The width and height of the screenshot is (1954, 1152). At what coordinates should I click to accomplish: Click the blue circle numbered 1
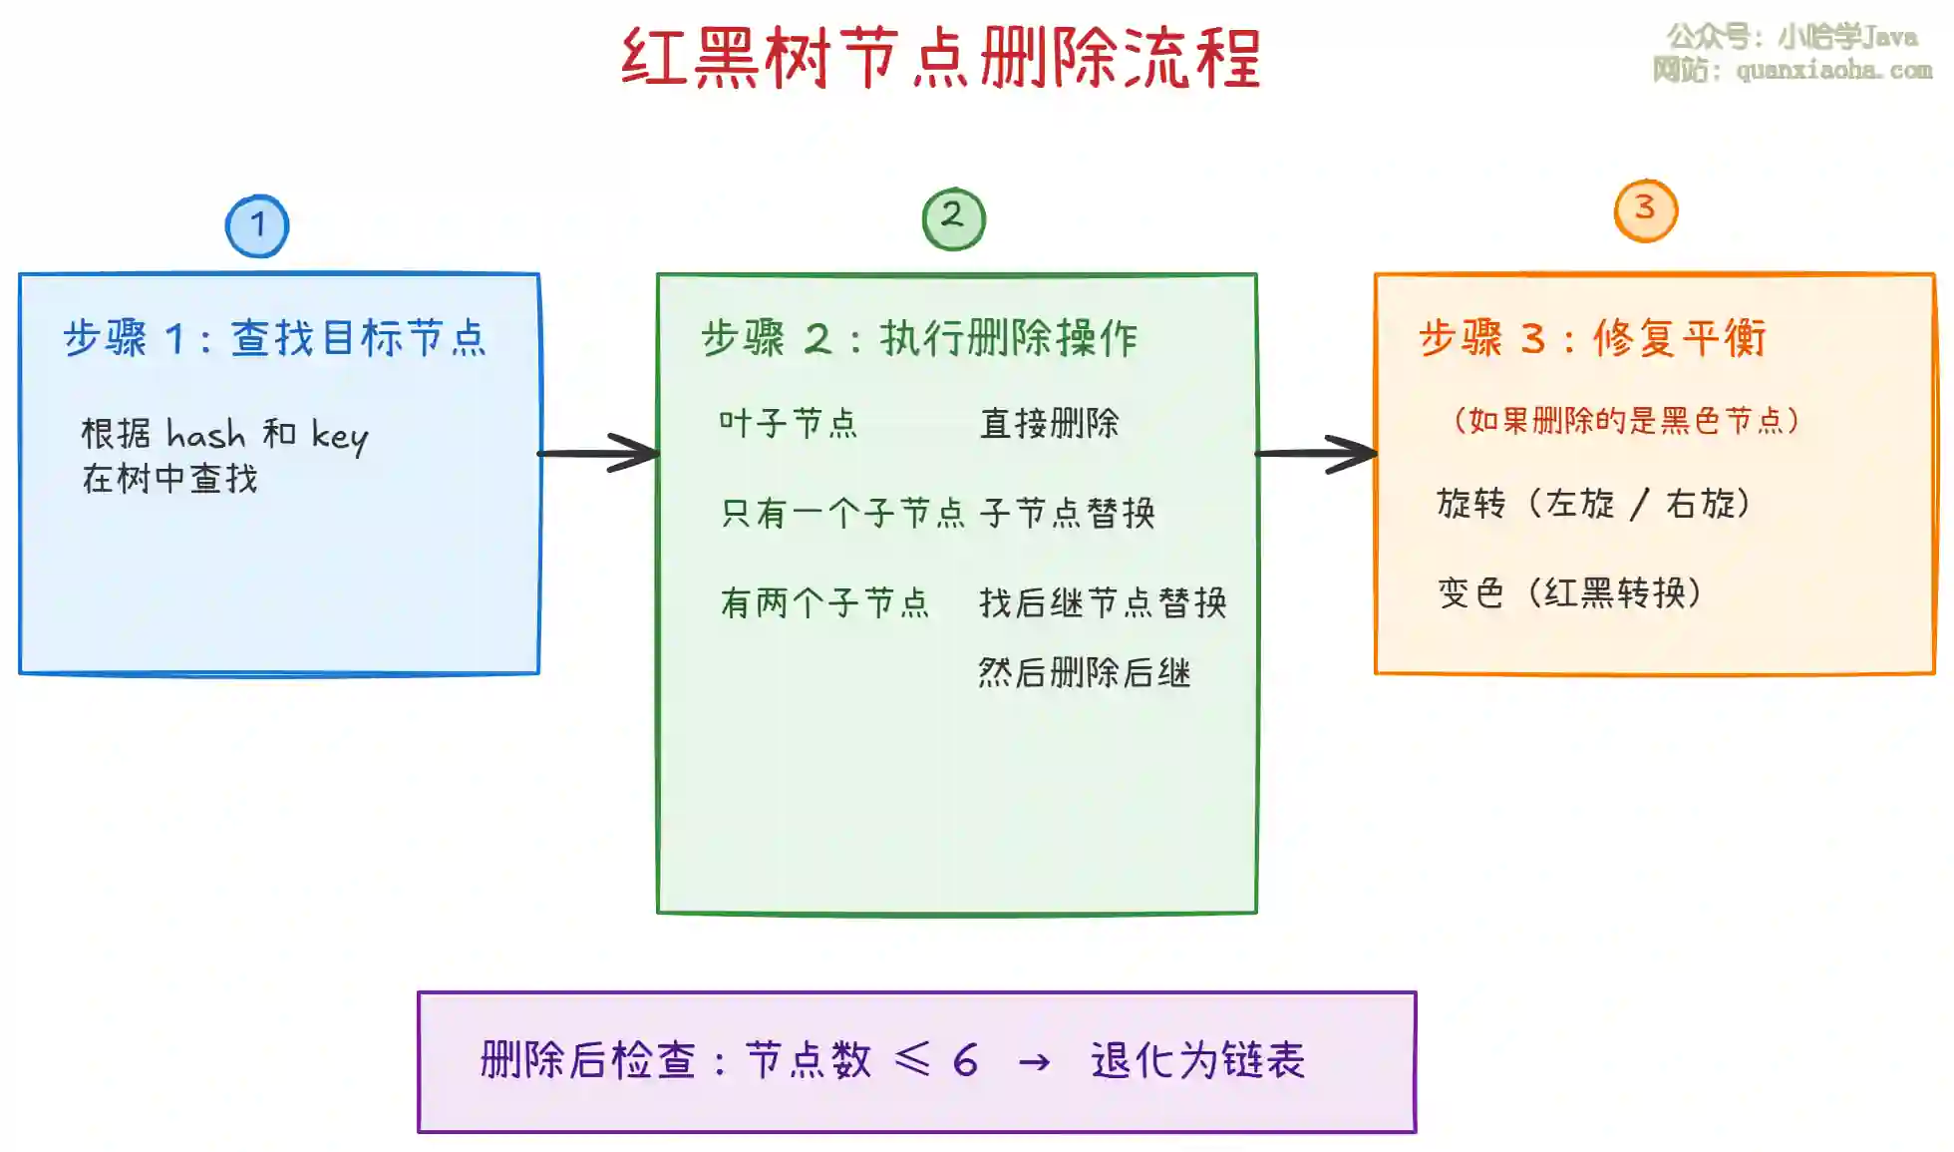pos(257,226)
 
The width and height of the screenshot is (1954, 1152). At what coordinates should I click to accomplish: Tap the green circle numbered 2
pos(953,218)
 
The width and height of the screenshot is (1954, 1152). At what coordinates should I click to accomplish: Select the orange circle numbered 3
pos(1645,210)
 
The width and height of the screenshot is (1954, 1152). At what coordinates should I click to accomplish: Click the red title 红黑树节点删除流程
pos(941,58)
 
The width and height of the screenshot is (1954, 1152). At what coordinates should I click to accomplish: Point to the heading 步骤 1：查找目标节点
pos(275,338)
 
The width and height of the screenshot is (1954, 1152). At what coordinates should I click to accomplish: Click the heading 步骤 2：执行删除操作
pos(919,338)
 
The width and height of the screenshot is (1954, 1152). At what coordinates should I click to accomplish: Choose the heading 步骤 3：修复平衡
pos(1592,338)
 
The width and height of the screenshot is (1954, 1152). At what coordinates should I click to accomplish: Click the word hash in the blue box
pos(205,435)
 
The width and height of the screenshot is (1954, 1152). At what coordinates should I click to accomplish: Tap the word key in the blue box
pos(339,436)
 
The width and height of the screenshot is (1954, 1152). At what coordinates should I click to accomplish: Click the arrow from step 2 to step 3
pos(1317,453)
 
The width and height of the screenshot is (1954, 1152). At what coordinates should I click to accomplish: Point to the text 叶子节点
pos(788,423)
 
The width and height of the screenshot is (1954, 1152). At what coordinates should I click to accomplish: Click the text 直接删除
pos(1050,423)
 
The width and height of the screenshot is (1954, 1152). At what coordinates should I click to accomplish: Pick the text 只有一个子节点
pos(843,513)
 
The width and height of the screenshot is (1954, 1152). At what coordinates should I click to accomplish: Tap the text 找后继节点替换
pos(1103,602)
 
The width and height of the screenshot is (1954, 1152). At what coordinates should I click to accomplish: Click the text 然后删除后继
pos(1085,672)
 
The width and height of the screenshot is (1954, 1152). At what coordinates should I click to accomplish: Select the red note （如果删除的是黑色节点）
pos(1626,420)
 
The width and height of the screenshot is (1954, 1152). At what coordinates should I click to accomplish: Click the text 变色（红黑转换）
pos(1569,592)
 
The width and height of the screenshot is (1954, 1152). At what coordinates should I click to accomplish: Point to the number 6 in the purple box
pos(965,1060)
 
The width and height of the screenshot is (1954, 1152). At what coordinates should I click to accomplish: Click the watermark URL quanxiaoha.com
pos(1833,70)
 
